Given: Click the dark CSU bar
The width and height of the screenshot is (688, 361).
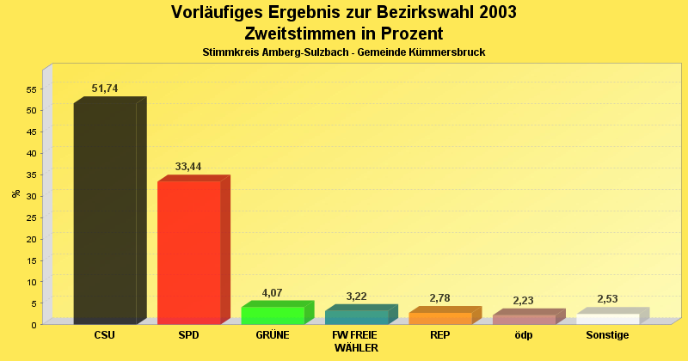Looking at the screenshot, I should (105, 211).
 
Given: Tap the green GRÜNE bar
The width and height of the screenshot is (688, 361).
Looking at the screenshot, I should (273, 315).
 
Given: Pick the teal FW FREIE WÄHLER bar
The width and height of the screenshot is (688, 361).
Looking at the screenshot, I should (356, 316).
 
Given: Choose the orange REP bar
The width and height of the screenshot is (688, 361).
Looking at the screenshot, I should (440, 317).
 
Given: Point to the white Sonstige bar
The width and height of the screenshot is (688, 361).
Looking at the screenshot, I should (608, 318).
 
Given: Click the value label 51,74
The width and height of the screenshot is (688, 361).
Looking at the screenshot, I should (105, 89).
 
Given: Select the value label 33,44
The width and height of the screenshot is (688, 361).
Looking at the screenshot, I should (188, 166).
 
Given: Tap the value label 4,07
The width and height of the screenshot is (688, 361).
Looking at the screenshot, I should (272, 293).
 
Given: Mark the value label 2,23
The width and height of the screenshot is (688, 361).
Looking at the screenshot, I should (524, 301).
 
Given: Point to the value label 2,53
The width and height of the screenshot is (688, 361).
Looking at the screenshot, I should (607, 299).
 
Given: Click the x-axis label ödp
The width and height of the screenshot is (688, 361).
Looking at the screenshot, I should (524, 335).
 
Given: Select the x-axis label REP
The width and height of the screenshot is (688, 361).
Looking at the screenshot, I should (440, 335).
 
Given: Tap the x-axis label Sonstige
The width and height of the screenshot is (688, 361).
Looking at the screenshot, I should (607, 335).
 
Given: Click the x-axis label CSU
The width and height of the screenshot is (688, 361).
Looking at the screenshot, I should (105, 335).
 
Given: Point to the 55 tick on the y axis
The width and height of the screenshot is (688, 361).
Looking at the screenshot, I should (30, 89).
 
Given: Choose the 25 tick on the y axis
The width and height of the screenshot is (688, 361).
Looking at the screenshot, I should (30, 217).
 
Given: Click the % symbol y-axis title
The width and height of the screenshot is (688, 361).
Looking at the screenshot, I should (15, 193).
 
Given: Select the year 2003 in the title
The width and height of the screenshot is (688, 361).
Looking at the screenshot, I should (492, 12).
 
